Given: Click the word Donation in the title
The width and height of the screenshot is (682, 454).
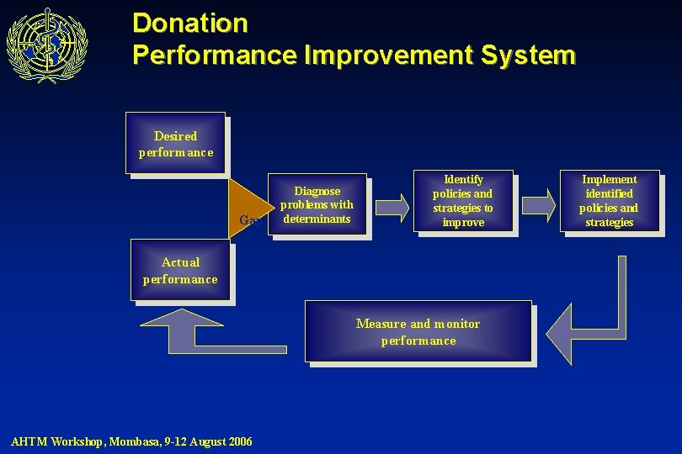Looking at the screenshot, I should point(190,23).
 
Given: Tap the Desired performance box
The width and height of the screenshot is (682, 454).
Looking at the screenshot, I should point(176,143).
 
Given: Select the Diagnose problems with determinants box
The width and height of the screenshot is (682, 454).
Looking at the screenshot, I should point(317,204).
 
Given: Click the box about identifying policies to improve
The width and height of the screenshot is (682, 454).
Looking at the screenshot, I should point(462,201).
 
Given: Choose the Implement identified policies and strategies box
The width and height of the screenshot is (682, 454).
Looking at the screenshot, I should point(609,201).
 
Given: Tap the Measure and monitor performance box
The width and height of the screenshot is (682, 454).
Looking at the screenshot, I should point(418,331).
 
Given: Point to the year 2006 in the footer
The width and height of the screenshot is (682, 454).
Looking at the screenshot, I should point(238,441).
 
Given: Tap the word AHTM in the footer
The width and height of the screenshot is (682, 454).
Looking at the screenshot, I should point(29,441).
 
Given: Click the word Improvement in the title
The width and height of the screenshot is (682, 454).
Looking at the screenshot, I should point(387,55).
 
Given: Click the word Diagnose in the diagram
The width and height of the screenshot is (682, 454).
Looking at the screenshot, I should point(317,191).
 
